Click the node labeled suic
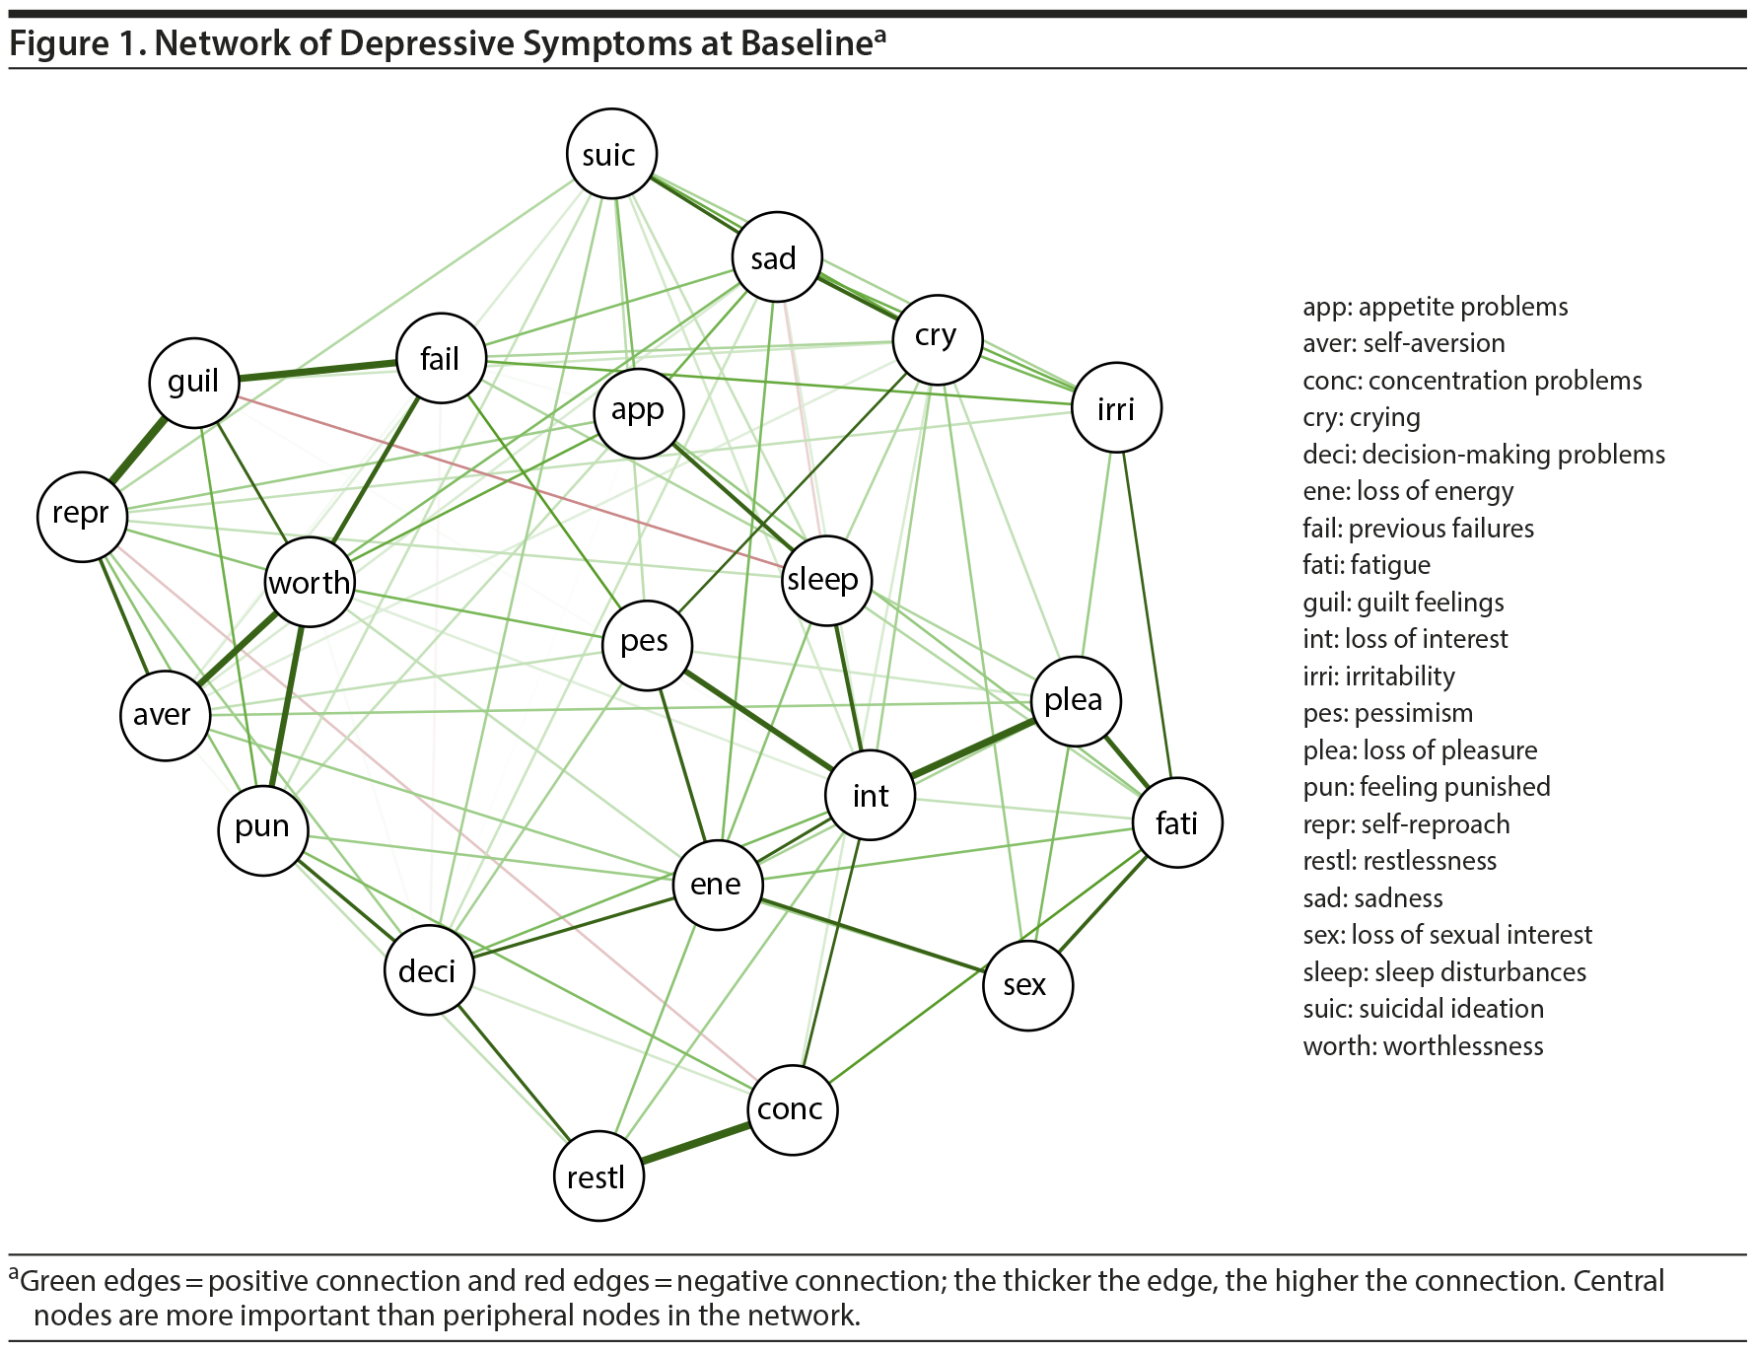(611, 154)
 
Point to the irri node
(1116, 407)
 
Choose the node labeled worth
(310, 582)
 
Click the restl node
(598, 1176)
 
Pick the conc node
(792, 1109)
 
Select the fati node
(1177, 822)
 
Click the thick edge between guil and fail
(317, 370)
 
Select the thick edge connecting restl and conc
(695, 1143)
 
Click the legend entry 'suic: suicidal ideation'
(1423, 1009)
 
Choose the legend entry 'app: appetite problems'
(1435, 307)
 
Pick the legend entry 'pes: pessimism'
(1387, 713)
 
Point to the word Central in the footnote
(1618, 1281)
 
